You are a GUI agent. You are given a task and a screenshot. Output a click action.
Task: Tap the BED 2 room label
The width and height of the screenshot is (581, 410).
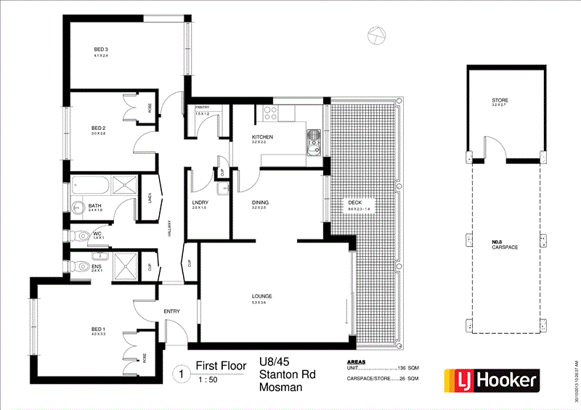click(99, 128)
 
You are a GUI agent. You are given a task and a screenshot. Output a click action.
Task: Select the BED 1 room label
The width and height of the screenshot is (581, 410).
click(99, 329)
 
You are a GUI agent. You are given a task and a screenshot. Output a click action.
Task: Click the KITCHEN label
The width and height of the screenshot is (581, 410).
click(262, 137)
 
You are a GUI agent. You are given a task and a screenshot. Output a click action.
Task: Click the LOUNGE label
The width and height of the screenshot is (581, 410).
click(261, 296)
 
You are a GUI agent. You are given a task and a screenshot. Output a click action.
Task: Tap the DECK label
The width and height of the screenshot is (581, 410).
click(355, 203)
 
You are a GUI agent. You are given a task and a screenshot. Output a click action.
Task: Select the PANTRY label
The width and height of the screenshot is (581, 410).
click(202, 108)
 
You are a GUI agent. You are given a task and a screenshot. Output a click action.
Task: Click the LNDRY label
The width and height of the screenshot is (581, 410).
click(200, 202)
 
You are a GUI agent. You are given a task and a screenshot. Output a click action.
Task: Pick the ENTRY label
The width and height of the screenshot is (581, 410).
click(171, 311)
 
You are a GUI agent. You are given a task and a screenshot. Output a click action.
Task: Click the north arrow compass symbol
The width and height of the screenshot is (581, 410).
click(375, 33)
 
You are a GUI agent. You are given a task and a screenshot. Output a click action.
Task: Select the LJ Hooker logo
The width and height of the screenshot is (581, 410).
click(492, 379)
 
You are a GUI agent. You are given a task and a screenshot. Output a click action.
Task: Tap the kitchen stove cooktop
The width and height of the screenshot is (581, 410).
click(271, 112)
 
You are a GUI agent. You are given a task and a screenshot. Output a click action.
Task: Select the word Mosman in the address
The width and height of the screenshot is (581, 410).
click(280, 388)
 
